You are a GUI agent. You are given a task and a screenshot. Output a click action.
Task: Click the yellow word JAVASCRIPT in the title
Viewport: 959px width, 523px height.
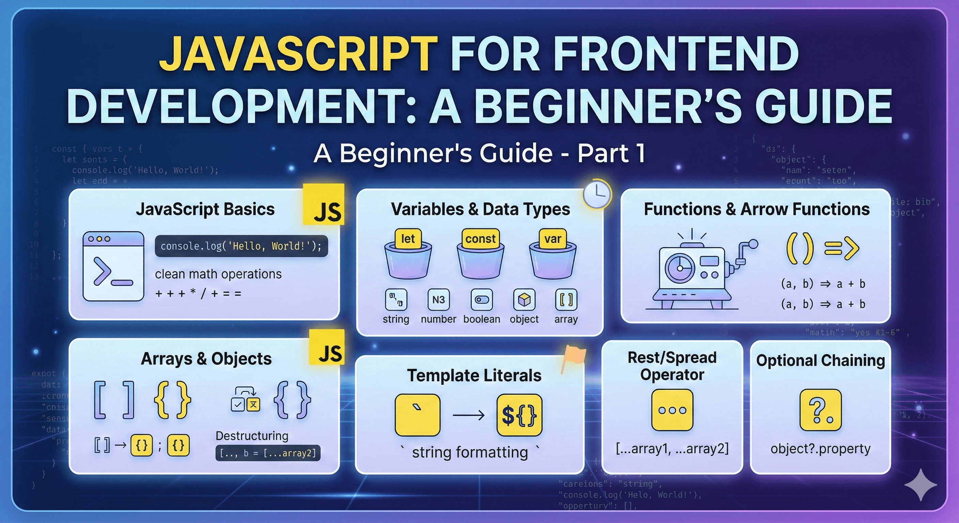pos(298,54)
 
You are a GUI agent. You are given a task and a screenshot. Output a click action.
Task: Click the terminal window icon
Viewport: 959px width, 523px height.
pos(113,266)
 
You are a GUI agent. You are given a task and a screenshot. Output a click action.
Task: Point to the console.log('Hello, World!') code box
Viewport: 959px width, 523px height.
pos(241,246)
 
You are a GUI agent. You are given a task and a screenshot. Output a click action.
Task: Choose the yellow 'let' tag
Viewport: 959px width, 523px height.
pos(408,238)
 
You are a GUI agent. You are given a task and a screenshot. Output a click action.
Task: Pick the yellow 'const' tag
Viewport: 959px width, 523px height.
pos(480,238)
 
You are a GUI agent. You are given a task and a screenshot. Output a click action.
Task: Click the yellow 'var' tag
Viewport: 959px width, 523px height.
pos(552,238)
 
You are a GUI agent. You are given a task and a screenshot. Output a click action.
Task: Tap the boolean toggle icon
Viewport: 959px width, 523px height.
pos(482,300)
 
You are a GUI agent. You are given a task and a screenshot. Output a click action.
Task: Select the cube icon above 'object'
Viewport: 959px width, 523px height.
pos(524,300)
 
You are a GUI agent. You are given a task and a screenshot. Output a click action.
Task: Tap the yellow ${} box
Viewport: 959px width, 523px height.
pos(519,415)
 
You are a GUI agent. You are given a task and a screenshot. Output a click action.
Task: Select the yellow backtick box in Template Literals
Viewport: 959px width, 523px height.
pos(417,415)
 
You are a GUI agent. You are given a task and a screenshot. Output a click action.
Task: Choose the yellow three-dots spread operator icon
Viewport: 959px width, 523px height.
pos(672,410)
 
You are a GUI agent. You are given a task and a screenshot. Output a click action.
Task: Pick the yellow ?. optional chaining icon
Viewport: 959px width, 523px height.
pos(820,410)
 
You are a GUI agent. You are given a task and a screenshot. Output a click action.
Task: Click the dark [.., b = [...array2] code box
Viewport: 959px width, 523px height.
pos(268,453)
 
